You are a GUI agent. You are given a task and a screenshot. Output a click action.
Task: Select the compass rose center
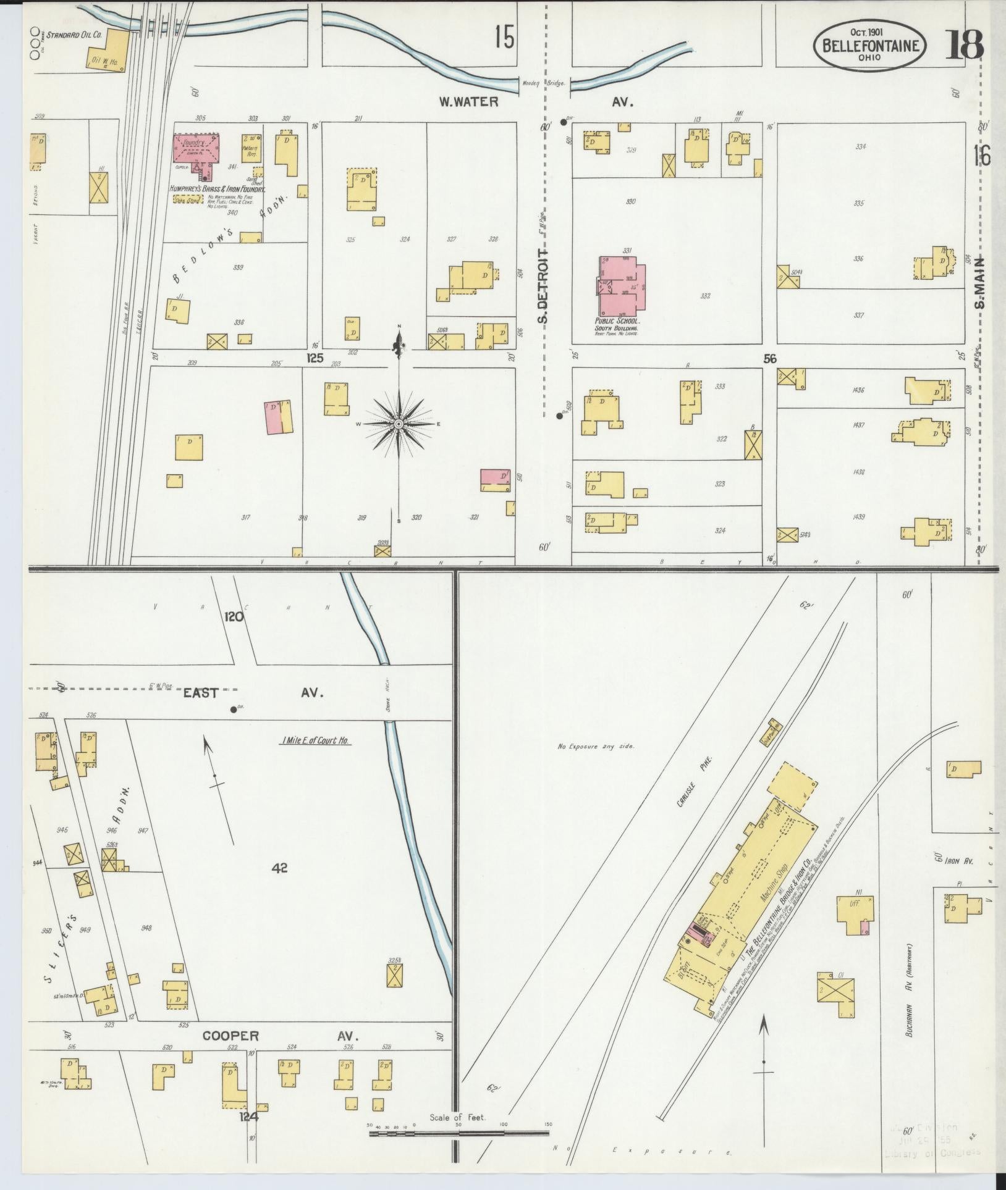pos(399,424)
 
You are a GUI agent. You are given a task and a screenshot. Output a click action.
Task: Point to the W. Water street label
pos(468,102)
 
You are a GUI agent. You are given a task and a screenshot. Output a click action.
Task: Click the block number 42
pos(280,868)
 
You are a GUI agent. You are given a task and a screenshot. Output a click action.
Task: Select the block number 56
pos(769,358)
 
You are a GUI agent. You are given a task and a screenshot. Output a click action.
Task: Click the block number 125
pos(315,358)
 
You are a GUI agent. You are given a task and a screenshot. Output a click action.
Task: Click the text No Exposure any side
pos(596,746)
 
